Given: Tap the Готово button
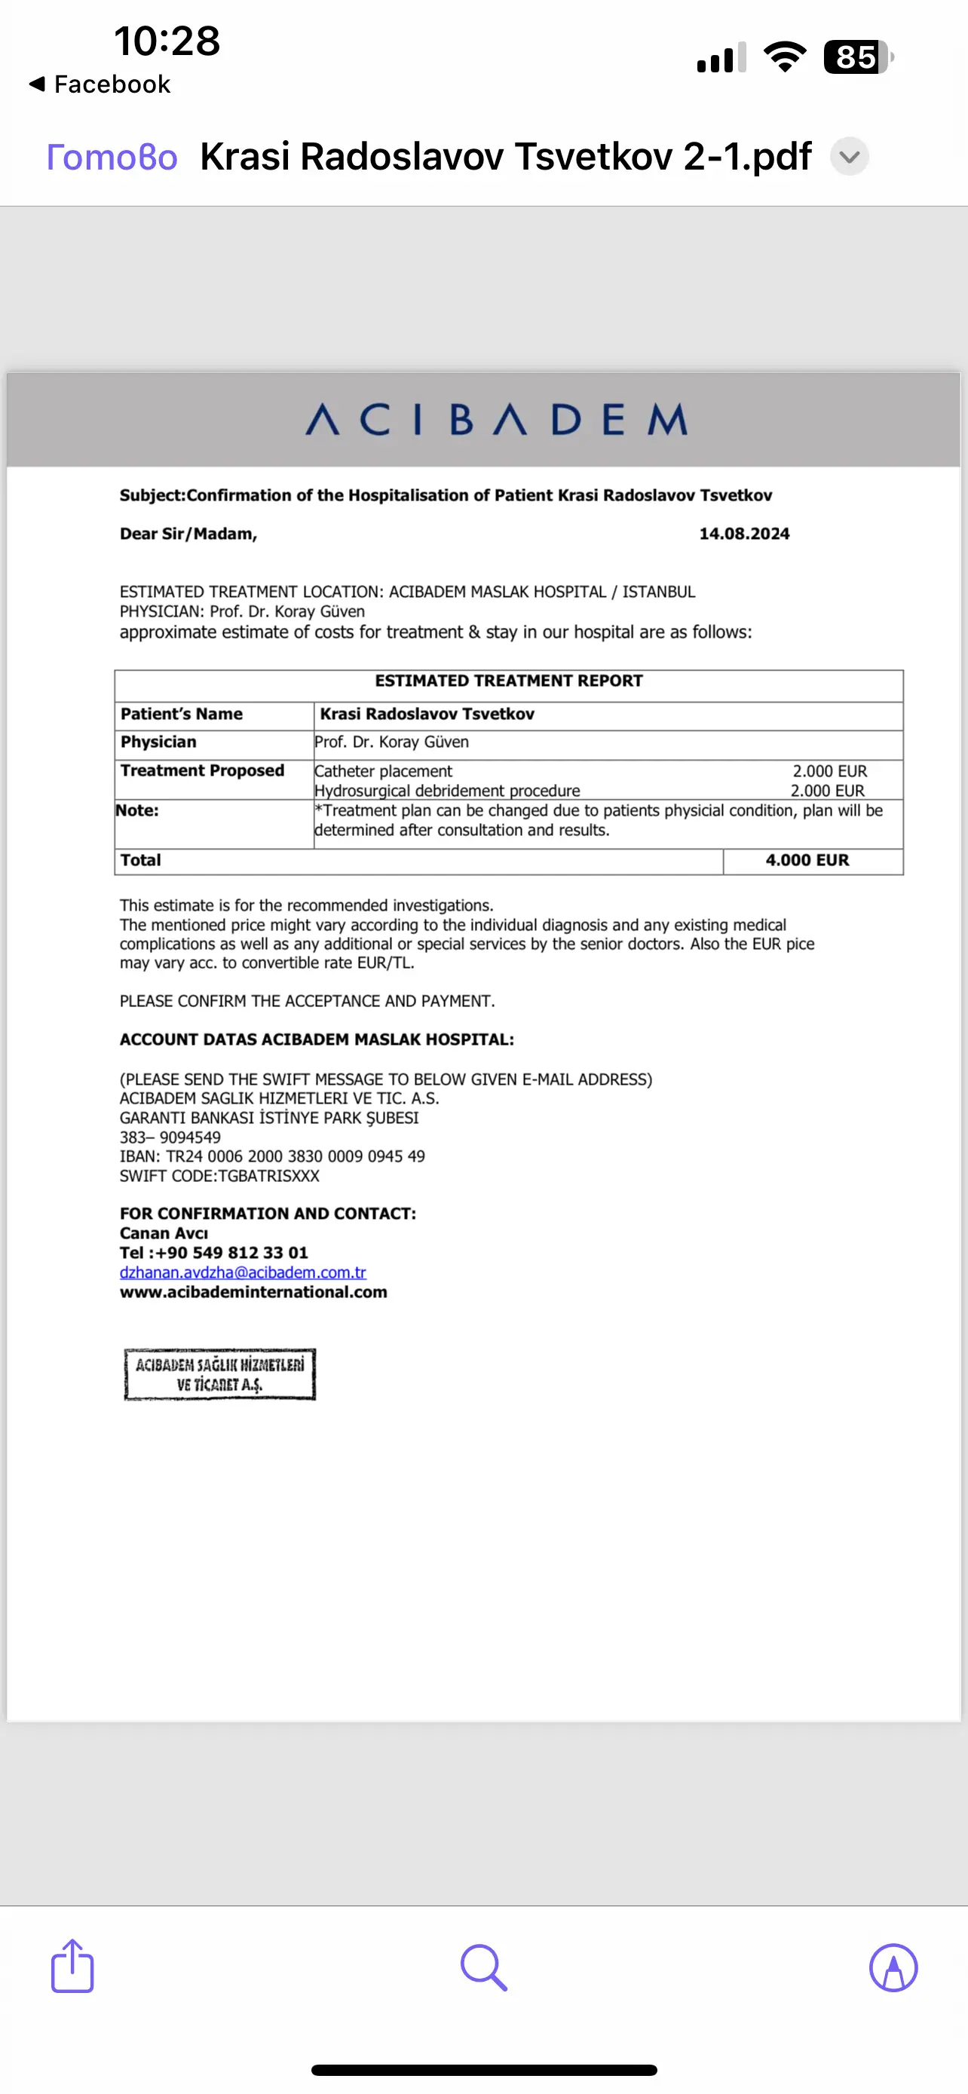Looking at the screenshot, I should (x=112, y=157).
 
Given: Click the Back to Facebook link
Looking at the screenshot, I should (x=100, y=84).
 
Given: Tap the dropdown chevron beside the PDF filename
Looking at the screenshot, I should (x=850, y=157).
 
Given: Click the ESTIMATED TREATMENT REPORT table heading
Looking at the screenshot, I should (x=508, y=681).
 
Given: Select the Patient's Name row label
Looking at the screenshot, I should (x=181, y=715).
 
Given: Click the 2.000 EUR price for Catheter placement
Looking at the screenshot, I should (x=830, y=771).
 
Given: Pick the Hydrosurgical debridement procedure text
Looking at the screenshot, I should (x=447, y=791).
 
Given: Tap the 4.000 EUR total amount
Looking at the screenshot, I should (x=807, y=861).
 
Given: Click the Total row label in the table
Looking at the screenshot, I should (x=141, y=861).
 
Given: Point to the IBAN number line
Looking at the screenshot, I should (x=272, y=1157).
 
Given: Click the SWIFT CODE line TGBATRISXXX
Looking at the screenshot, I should (x=219, y=1176).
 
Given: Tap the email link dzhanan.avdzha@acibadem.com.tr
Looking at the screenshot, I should (x=242, y=1273).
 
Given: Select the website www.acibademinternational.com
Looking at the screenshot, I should (x=253, y=1293).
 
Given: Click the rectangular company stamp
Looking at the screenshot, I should (x=219, y=1375).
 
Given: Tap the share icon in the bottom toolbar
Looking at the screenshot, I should (x=72, y=1967).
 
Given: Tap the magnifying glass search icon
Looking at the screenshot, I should (x=483, y=1968).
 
